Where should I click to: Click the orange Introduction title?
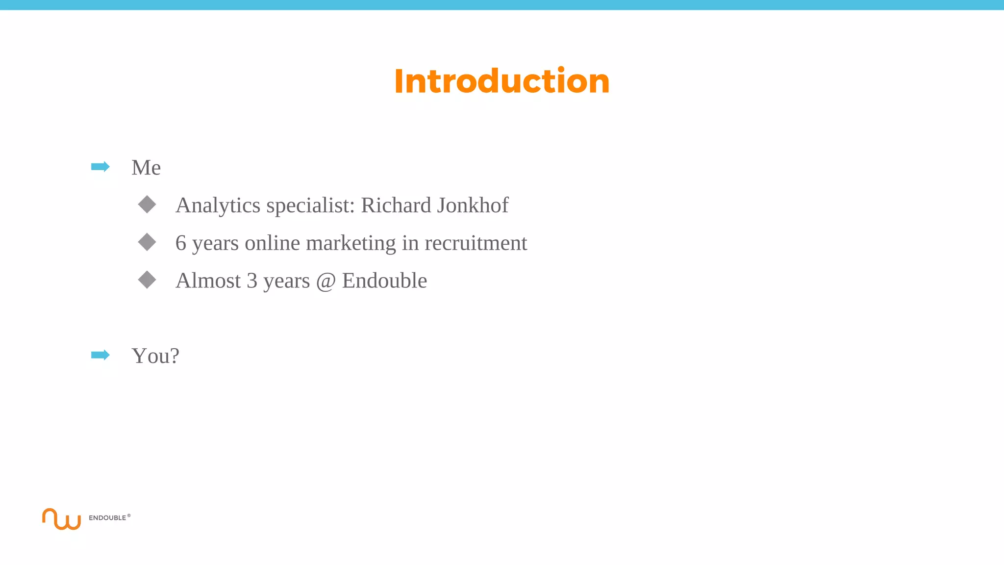(502, 81)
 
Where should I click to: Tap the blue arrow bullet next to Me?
(100, 167)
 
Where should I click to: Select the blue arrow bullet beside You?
(100, 355)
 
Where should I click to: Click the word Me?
(146, 168)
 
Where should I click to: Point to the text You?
(155, 356)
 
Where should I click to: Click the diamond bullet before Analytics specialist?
(147, 205)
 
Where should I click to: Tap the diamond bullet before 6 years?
(147, 242)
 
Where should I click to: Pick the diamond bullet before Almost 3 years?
(147, 280)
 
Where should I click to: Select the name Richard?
(396, 205)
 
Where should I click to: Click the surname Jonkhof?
(472, 205)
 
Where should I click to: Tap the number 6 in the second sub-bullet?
(181, 243)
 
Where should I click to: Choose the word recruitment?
(476, 243)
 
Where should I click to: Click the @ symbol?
(326, 281)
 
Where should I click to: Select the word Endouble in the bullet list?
(384, 281)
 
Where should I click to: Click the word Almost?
(208, 281)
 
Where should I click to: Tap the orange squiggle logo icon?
(61, 519)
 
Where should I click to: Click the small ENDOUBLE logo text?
(107, 518)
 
